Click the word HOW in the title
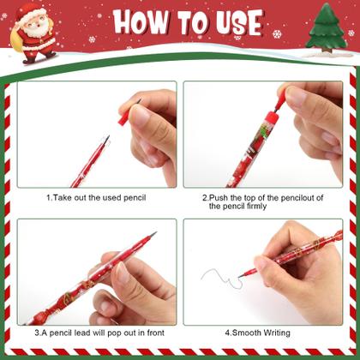139,22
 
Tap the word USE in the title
239,23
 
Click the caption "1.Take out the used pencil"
96,198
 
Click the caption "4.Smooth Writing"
257,333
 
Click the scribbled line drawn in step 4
220,277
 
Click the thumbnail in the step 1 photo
140,115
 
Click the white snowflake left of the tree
277,34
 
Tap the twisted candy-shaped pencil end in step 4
338,237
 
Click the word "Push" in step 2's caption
219,198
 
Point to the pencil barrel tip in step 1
105,140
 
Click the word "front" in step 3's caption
156,333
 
